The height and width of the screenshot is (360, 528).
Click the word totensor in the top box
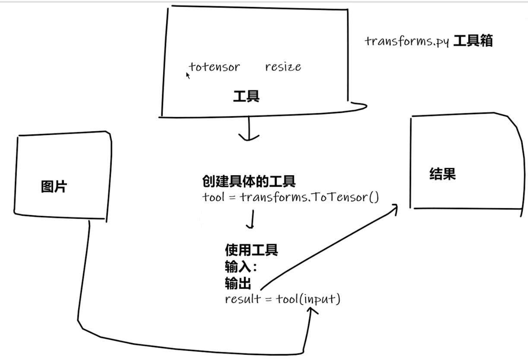[x=215, y=67]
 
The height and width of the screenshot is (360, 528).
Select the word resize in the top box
[x=283, y=67]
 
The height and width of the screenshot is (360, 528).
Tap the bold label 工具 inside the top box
[x=246, y=96]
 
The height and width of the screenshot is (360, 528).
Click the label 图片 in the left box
[x=54, y=187]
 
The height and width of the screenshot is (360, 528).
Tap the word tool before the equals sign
[x=213, y=197]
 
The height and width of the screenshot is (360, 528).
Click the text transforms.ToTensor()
[x=309, y=197]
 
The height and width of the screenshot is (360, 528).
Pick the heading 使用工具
[x=251, y=249]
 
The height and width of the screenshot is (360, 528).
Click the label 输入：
[x=240, y=267]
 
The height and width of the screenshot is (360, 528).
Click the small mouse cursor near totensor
[x=188, y=76]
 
